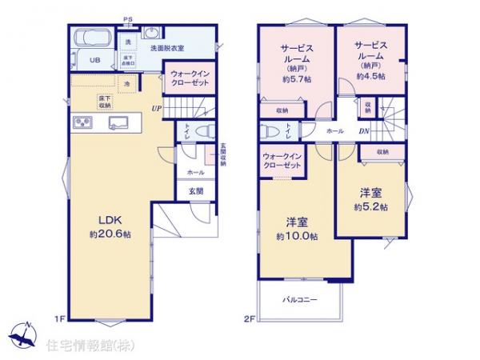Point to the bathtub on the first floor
click(x=93, y=39)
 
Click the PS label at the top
click(x=128, y=18)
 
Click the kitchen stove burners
click(x=84, y=122)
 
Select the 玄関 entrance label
click(x=196, y=191)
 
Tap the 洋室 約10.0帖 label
click(x=297, y=230)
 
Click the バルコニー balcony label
click(x=300, y=300)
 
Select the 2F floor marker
click(x=249, y=320)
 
